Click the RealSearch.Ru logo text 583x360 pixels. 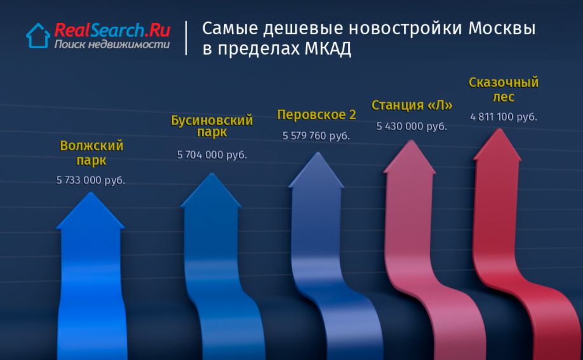pos(112,30)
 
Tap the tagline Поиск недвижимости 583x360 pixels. pos(112,44)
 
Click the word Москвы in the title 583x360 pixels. pos(502,29)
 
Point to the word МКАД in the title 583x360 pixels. pos(328,49)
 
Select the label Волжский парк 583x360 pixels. pos(91,153)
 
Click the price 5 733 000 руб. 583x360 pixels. pos(90,180)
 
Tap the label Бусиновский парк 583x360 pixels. pos(212,126)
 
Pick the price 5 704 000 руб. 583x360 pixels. pos(212,155)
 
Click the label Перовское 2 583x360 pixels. pos(317,115)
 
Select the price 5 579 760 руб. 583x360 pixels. pos(316,136)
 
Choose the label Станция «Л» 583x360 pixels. pos(412,105)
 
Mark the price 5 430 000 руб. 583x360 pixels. pos(412,126)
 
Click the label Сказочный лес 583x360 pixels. pos(504,90)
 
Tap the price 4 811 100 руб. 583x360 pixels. pos(504,117)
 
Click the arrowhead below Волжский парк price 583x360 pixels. pos(90,211)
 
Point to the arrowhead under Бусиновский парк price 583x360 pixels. pos(211,190)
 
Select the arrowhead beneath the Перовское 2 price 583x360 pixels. pos(317,170)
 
